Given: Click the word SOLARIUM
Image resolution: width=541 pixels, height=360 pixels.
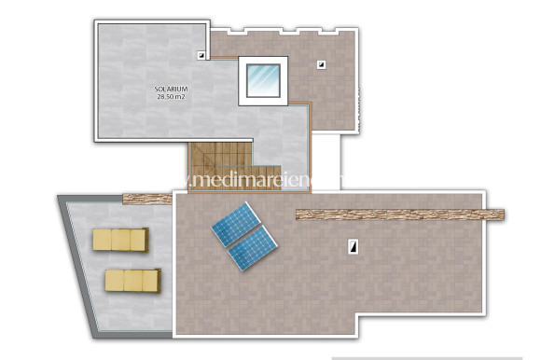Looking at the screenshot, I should pyautogui.click(x=172, y=90).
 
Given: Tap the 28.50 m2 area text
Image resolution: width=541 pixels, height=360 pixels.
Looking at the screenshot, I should pyautogui.click(x=172, y=96).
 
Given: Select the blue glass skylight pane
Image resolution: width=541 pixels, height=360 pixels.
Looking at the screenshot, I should pyautogui.click(x=263, y=80).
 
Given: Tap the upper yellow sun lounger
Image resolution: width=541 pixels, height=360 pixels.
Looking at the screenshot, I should pyautogui.click(x=120, y=240).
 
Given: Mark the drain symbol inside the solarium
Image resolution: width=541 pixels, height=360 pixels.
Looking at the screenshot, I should pyautogui.click(x=201, y=55).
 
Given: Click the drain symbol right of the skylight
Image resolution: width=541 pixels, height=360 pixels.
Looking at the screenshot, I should pyautogui.click(x=321, y=64).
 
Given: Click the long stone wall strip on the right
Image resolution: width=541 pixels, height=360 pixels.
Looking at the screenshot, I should pyautogui.click(x=399, y=215).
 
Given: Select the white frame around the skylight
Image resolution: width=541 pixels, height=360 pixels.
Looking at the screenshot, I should pyautogui.click(x=243, y=80).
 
